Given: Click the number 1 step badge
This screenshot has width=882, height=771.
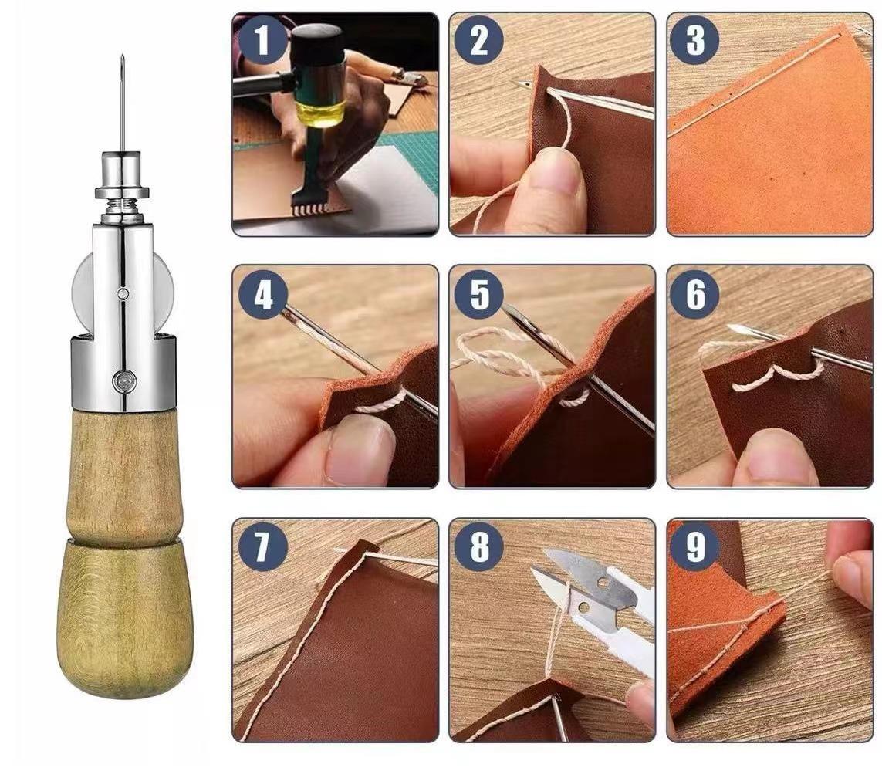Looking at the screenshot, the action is (x=262, y=40).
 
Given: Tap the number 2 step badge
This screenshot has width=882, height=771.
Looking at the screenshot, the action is (x=478, y=40).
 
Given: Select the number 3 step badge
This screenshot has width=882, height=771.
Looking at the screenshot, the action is (x=695, y=40).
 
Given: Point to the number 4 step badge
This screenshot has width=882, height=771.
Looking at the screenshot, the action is (x=262, y=294).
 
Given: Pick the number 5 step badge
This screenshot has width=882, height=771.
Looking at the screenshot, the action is (x=478, y=294).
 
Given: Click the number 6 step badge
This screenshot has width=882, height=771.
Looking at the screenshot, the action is (x=695, y=294).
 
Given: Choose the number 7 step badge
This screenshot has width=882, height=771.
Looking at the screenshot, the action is (x=262, y=547).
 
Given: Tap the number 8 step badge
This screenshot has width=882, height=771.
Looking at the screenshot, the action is (x=478, y=547).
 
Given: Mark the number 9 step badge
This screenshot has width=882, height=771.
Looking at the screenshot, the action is (x=695, y=547).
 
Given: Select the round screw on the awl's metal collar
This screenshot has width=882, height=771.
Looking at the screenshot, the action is (x=123, y=381).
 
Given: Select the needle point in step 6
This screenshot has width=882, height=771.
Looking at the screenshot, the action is (x=729, y=327).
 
